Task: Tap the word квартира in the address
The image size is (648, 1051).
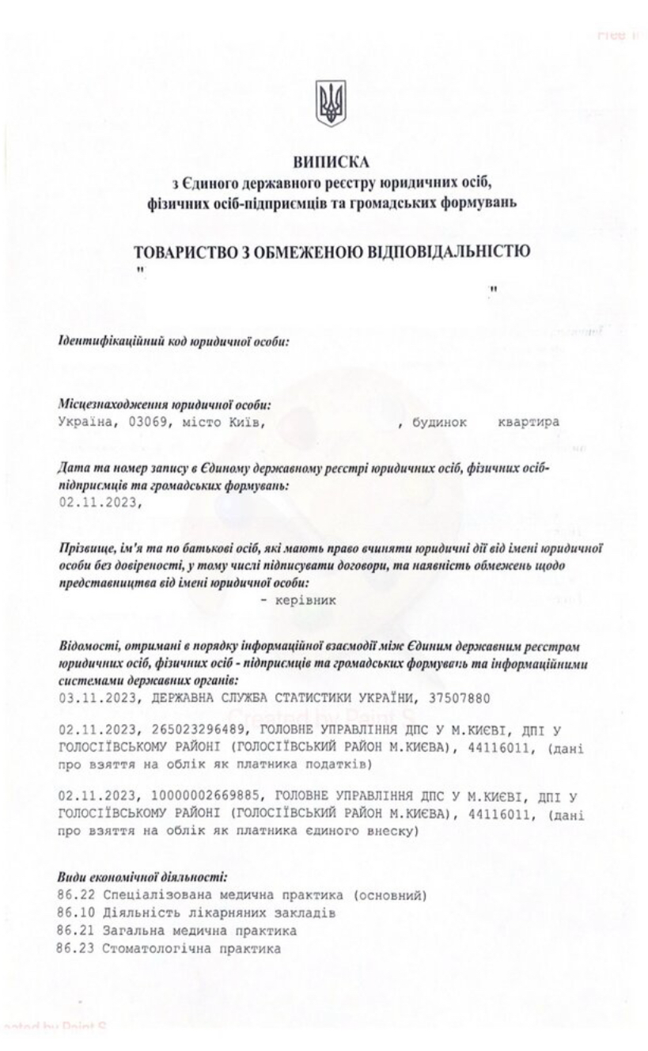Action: (527, 422)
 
